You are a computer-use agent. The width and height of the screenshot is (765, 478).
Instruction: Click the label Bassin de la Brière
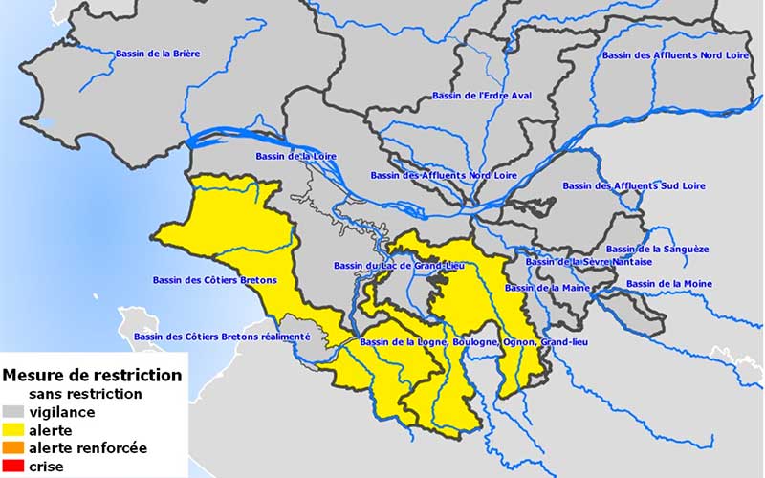tap(158, 54)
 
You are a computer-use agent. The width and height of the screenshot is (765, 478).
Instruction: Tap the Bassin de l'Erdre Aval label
tap(481, 96)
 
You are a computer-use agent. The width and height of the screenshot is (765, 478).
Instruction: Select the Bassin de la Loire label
tap(295, 156)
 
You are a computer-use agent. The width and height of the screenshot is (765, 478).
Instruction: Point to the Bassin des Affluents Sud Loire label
tap(633, 185)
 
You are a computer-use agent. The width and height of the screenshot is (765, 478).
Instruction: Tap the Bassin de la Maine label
tap(546, 288)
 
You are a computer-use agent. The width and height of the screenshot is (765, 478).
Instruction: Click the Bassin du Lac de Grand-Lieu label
tap(399, 265)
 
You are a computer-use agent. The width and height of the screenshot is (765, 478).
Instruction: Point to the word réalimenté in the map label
tap(279, 337)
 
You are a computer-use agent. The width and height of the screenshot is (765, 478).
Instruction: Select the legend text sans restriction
tap(85, 393)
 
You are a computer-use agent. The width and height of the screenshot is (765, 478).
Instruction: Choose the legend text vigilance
tap(61, 412)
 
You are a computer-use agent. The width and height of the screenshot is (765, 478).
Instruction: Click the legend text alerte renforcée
tap(88, 447)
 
